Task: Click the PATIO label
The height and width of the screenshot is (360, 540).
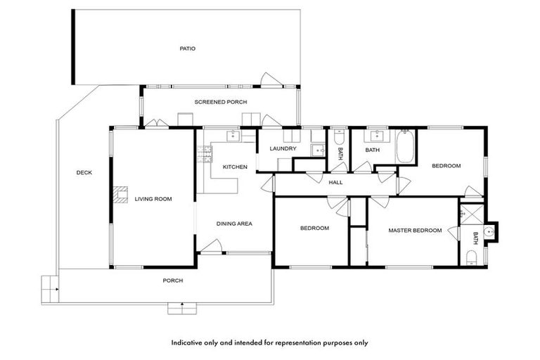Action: pos(186,49)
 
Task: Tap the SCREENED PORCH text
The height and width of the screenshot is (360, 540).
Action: pos(220,102)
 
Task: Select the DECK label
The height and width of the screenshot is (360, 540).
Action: pos(84,172)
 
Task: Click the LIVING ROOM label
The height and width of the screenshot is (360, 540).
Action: pos(153,199)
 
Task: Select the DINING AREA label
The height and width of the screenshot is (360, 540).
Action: pos(234,224)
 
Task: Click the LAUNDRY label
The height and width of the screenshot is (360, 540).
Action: pos(283,148)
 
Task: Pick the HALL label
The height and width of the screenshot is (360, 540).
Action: pos(335,183)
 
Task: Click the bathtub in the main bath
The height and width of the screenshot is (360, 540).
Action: pos(406,147)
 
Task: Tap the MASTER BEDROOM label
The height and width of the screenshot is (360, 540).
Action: pos(415,230)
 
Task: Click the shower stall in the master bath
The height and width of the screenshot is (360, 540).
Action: pos(471,214)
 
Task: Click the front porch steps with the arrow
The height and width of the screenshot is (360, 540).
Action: pos(181,308)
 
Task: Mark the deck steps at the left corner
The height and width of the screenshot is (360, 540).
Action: pos(49,285)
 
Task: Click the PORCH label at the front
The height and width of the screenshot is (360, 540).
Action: pos(172,281)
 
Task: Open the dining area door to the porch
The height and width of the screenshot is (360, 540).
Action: pos(212,247)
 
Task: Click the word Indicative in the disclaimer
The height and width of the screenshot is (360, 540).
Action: pos(188,343)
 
